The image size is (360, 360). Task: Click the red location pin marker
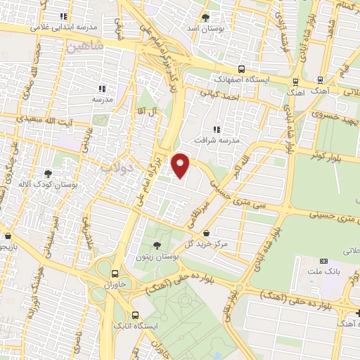click(x=181, y=165)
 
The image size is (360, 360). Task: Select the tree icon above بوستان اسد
click(x=205, y=18)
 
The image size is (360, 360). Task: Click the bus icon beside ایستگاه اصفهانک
click(x=241, y=69)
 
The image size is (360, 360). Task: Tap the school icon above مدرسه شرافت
click(x=217, y=129)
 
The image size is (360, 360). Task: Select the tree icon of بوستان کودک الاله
click(x=48, y=172)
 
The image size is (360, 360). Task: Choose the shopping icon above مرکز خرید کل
click(x=205, y=233)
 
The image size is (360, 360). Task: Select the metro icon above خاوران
click(x=114, y=273)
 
